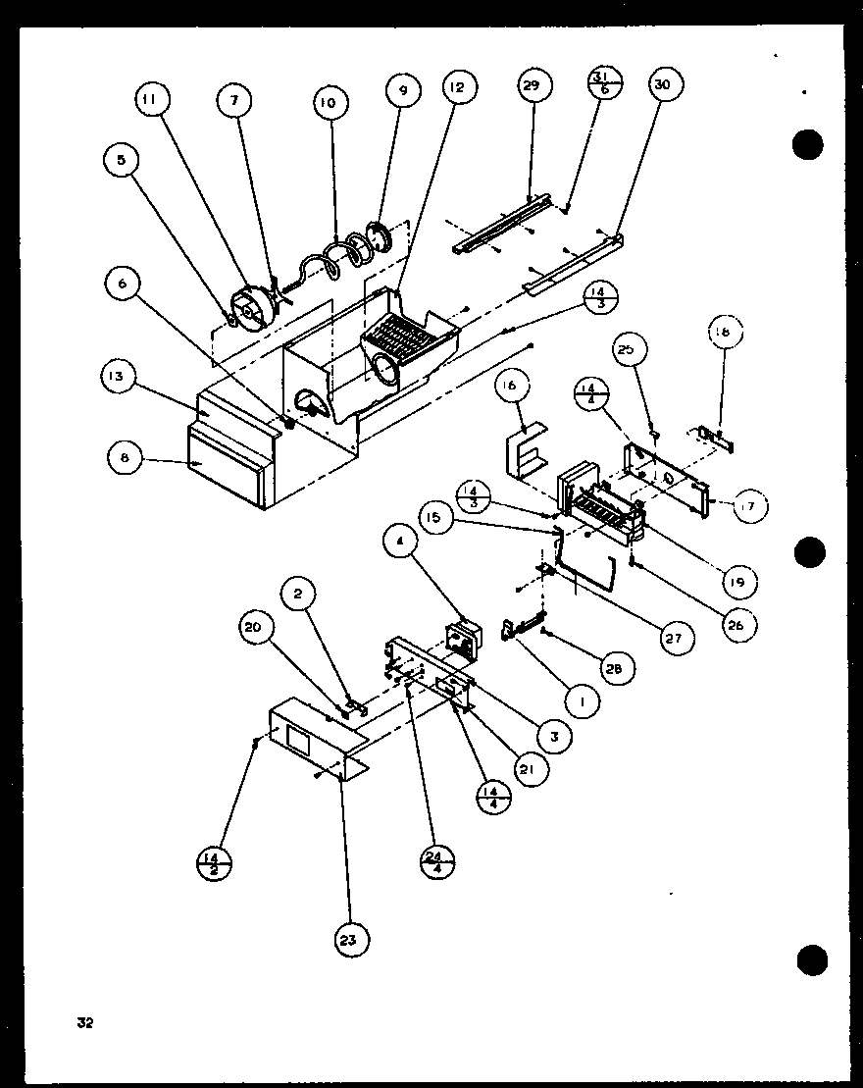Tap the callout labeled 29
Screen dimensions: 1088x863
pyautogui.click(x=530, y=86)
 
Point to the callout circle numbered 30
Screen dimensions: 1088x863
pyautogui.click(x=663, y=86)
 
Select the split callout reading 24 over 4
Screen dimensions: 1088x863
pyautogui.click(x=434, y=861)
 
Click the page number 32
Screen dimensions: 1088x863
pyautogui.click(x=85, y=1023)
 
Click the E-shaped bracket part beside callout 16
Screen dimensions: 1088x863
pyautogui.click(x=527, y=453)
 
